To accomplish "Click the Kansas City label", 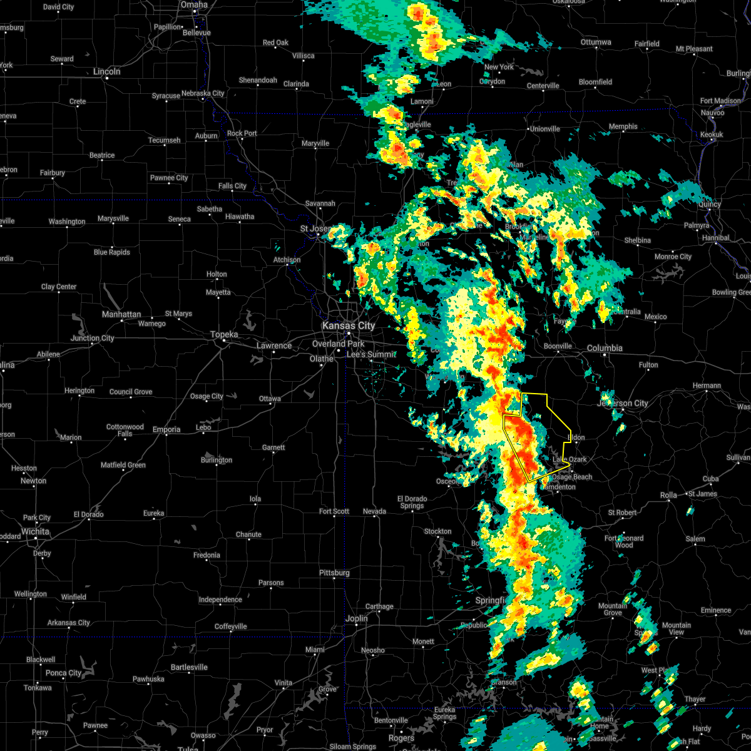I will pos(348,325).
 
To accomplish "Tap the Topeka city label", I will pos(224,335).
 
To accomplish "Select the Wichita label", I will pos(35,531).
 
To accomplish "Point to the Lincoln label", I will pos(106,71).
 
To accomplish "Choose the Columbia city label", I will pos(605,348).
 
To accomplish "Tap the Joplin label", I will pos(357,618).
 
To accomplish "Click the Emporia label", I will pos(166,429).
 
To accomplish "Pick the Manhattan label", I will pos(121,314).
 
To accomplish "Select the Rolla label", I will pos(668,495).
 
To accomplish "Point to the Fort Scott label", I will pos(334,511).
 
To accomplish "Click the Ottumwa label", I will pos(596,42).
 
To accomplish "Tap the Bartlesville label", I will pos(188,667).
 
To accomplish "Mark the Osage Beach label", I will pos(572,477).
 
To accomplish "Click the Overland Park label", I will pos(338,344).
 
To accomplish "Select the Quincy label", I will pos(710,204).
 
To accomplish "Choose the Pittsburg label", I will pos(334,573).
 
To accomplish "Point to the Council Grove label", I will pos(131,392).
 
